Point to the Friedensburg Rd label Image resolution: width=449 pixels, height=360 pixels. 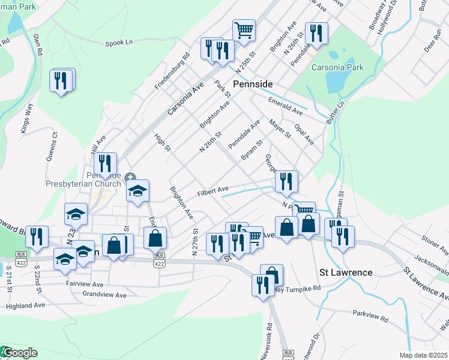[x=172, y=71]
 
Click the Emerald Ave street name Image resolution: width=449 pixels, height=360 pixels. [x=286, y=110]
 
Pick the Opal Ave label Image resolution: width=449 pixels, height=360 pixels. [x=304, y=134]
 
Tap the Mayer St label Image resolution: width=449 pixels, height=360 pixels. [x=280, y=128]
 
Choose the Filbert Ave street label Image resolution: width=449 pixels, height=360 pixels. [x=214, y=192]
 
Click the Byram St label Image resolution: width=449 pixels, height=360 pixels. [x=252, y=151]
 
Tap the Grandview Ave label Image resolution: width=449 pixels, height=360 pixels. [x=104, y=295]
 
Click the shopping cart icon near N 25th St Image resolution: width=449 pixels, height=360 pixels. [x=244, y=29]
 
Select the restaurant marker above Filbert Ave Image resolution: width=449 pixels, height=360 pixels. [x=286, y=181]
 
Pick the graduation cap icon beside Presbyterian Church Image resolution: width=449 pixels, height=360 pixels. [x=137, y=191]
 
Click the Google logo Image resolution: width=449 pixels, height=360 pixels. [x=19, y=353]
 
